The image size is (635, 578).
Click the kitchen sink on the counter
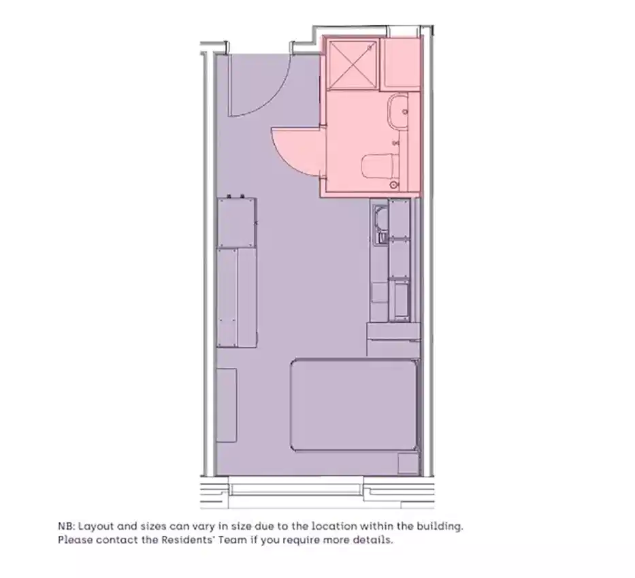click(x=380, y=219)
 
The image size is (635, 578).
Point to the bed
click(x=353, y=405)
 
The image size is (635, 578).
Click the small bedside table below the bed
click(x=407, y=464)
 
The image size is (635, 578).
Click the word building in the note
click(x=442, y=526)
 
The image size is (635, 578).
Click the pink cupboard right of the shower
click(x=401, y=63)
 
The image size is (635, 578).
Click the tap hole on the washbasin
click(x=405, y=111)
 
